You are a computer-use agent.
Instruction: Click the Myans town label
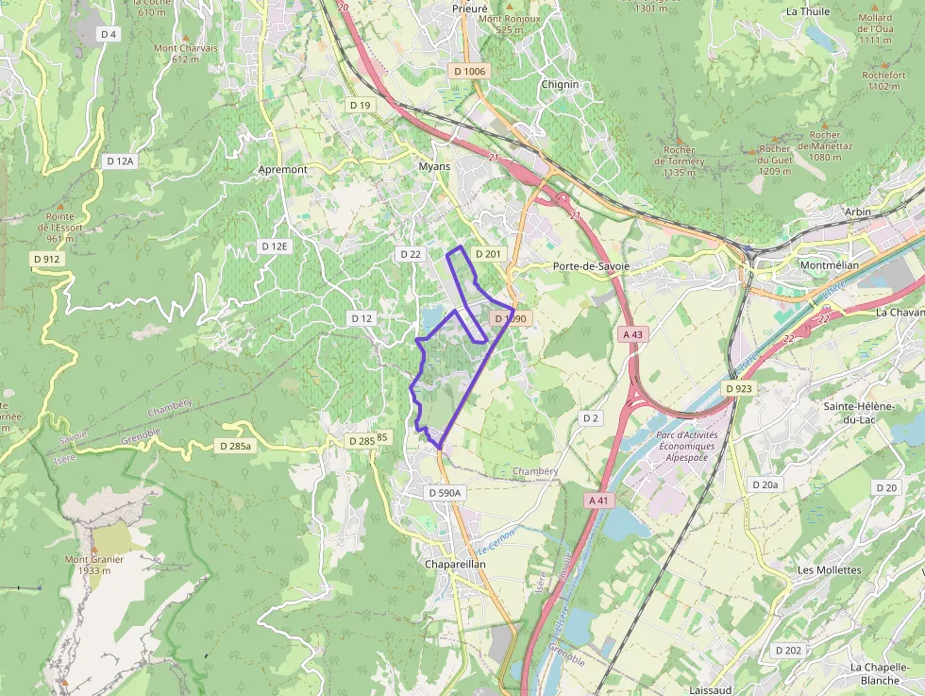(434, 166)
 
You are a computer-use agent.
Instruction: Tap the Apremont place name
(283, 169)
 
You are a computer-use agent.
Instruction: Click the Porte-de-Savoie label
(592, 266)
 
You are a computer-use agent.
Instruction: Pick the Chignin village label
(560, 84)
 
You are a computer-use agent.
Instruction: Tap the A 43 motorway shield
(632, 334)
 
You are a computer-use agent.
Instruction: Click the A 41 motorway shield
(596, 500)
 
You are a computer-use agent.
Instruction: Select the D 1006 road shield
(469, 71)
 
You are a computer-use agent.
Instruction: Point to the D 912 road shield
(46, 259)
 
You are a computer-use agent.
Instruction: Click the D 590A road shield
(444, 493)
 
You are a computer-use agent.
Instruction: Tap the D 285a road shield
(236, 445)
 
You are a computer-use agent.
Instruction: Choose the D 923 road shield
(739, 388)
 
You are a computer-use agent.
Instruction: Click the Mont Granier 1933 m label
(94, 564)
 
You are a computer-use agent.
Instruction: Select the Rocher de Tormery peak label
(680, 161)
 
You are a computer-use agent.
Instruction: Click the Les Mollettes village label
(830, 570)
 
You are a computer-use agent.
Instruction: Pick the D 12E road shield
(274, 246)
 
